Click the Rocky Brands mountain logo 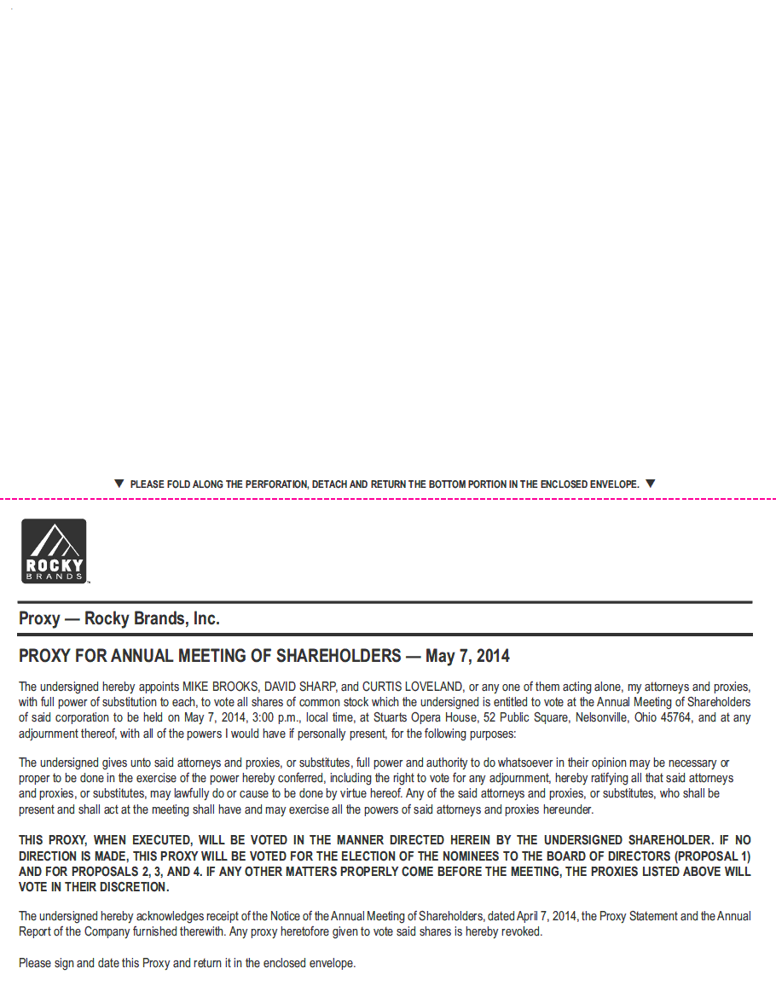54,551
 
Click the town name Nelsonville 603,717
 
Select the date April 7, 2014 545,916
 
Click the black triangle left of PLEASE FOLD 119,484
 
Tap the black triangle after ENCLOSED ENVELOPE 651,484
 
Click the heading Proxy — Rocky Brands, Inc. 119,619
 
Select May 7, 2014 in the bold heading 467,657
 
